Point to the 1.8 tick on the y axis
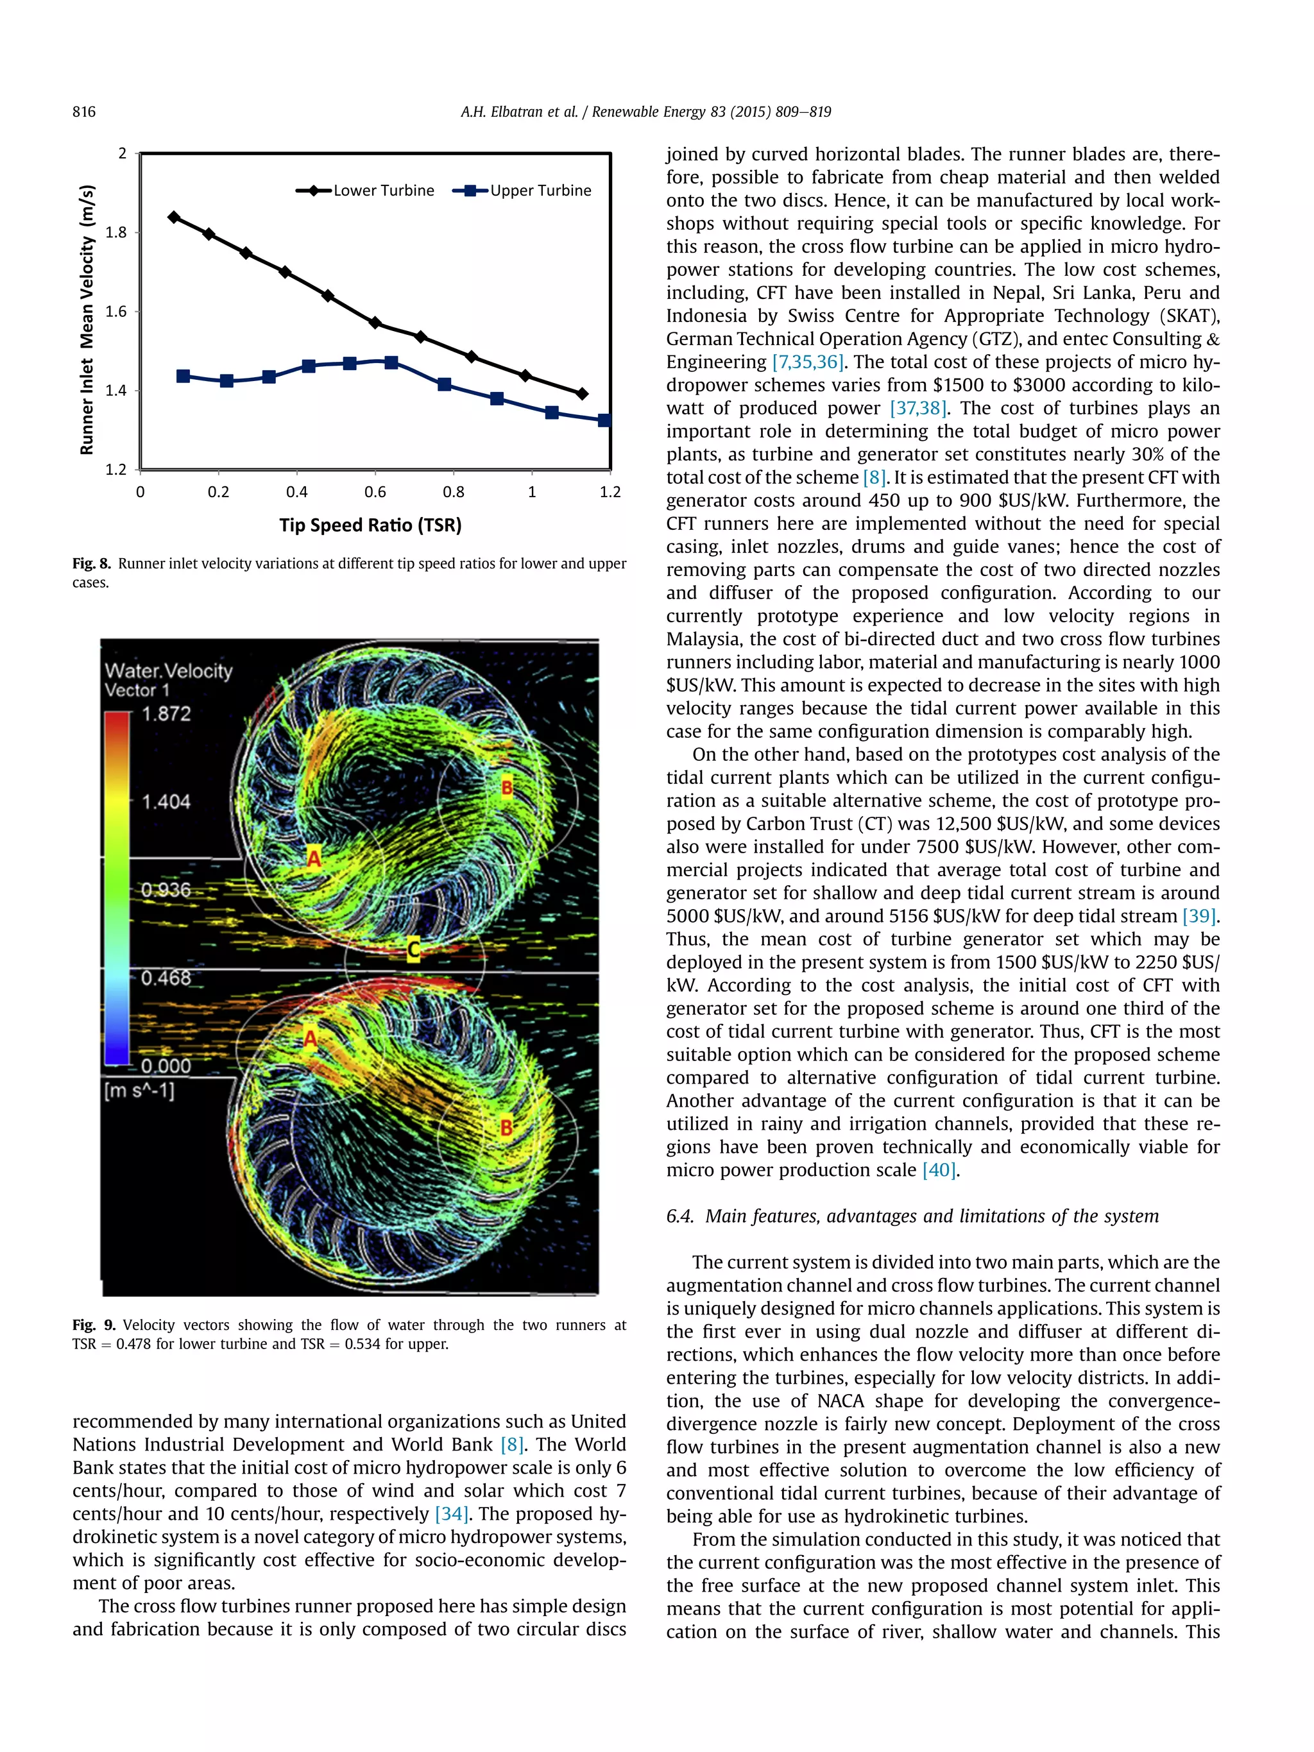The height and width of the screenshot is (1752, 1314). [115, 232]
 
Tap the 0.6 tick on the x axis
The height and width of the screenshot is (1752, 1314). [375, 492]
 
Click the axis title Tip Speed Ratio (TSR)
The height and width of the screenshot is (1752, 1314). [370, 525]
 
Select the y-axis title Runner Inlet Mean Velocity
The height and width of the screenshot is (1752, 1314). [87, 319]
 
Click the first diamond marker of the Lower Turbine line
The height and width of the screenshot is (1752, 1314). [175, 217]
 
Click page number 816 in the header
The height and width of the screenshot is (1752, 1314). [84, 112]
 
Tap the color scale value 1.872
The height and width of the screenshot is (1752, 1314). [166, 713]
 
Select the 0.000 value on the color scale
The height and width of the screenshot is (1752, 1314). [166, 1066]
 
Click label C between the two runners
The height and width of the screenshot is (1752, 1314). [413, 948]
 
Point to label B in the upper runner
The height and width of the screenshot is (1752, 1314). [506, 787]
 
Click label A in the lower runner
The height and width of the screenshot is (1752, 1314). [310, 1039]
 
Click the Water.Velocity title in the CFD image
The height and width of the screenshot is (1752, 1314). [169, 671]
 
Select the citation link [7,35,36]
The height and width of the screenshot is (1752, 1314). [808, 362]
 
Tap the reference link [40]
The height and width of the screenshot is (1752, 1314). [939, 1170]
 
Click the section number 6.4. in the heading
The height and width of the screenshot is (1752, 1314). [680, 1216]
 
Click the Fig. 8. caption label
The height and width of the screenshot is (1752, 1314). [92, 564]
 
